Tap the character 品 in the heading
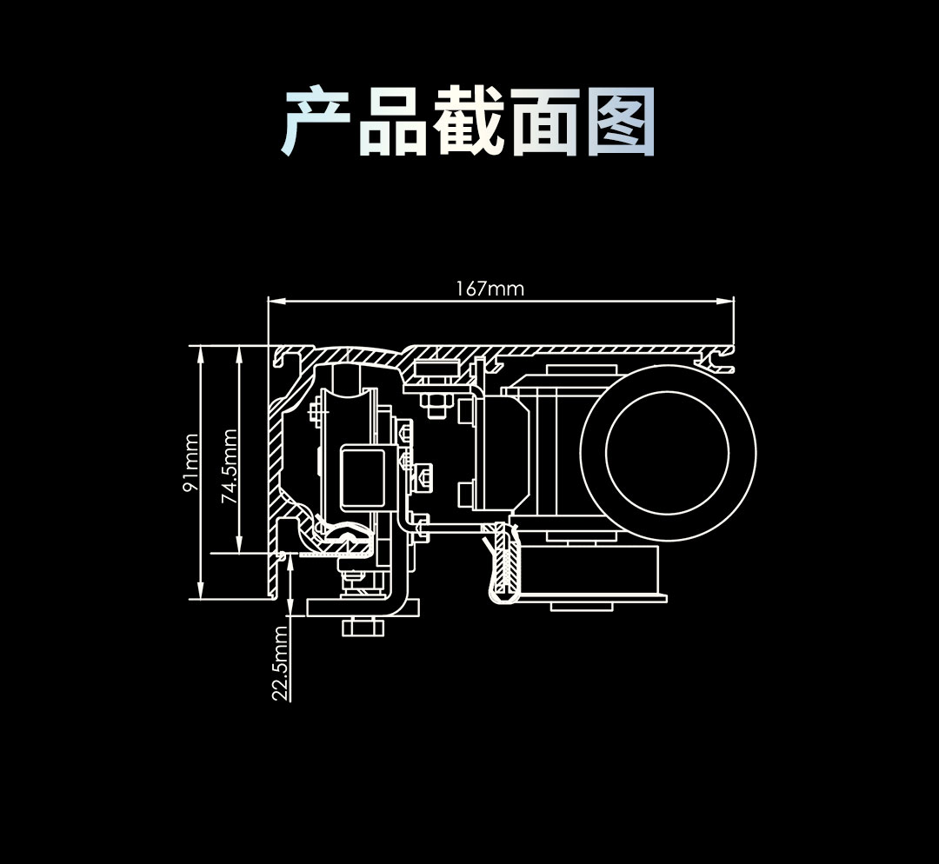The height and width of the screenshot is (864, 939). click(393, 123)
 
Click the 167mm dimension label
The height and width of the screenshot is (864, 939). click(489, 289)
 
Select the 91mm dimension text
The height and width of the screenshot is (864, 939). click(190, 463)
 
